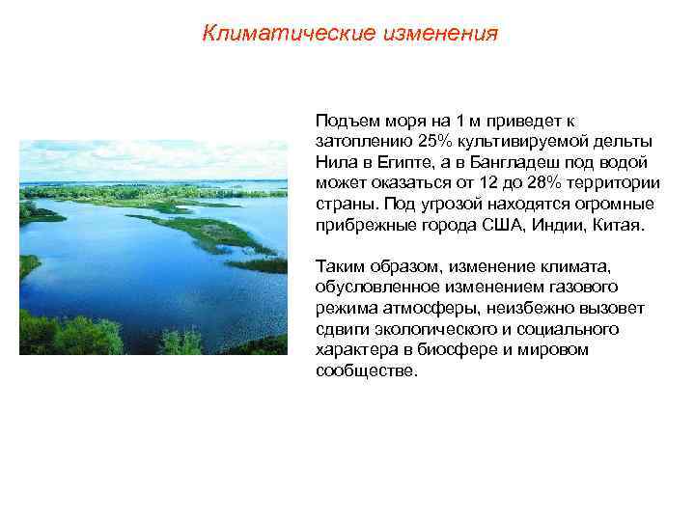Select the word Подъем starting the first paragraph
pos(344,121)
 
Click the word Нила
pos(333,163)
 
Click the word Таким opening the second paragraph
pos(338,266)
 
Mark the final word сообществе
pos(367,371)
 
